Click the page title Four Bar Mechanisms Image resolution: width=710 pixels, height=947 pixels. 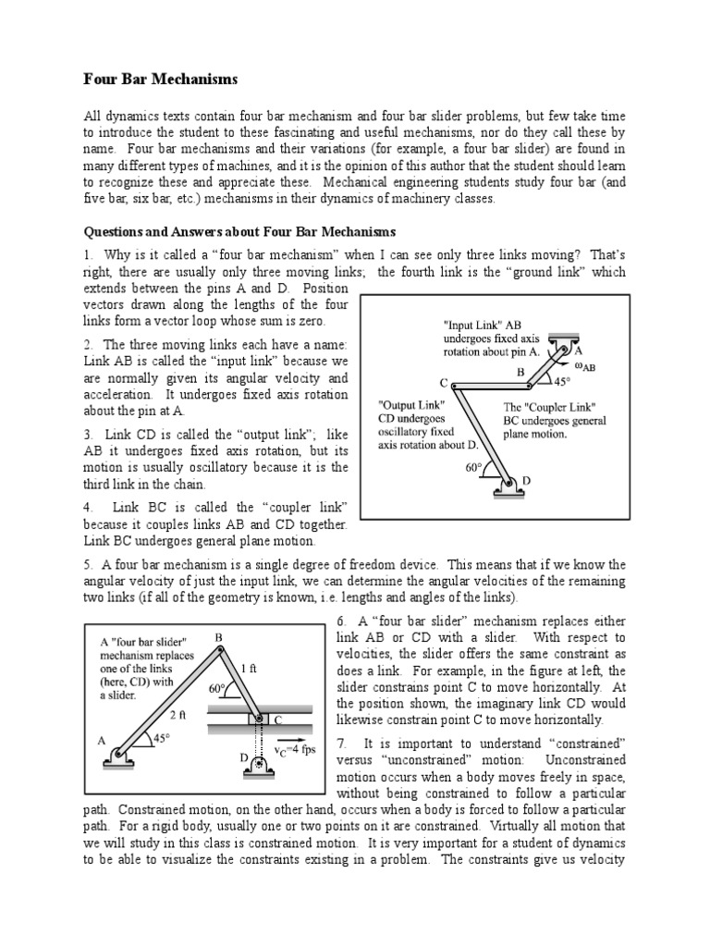pyautogui.click(x=161, y=80)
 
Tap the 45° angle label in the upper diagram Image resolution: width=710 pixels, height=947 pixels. pyautogui.click(x=561, y=380)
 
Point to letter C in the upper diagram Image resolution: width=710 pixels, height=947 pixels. pyautogui.click(x=444, y=383)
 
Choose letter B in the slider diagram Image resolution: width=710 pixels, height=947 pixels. pyautogui.click(x=219, y=637)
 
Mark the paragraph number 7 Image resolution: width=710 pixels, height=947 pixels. pyautogui.click(x=341, y=743)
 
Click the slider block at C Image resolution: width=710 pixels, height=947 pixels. pyautogui.click(x=261, y=719)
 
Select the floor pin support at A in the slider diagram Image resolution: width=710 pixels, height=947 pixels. pyautogui.click(x=121, y=756)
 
